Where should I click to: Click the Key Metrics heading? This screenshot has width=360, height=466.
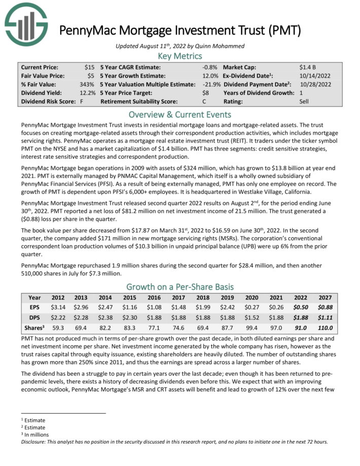click(x=179, y=56)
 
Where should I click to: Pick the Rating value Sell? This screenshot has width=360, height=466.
click(x=305, y=101)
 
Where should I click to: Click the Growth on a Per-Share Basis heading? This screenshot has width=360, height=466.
click(x=179, y=286)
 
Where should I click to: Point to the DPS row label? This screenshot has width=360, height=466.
click(x=34, y=317)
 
